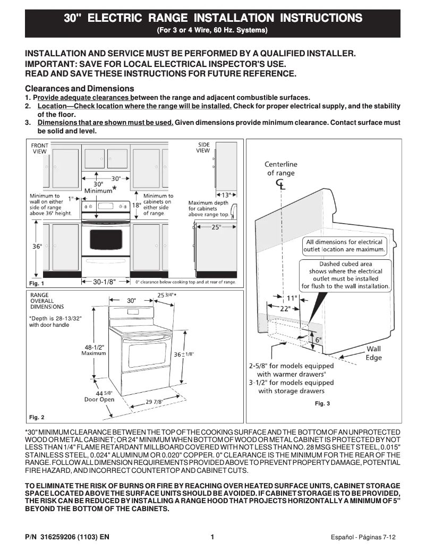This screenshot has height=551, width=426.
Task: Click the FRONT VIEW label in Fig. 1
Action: (39, 148)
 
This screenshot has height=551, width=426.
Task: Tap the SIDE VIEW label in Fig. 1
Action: (203, 147)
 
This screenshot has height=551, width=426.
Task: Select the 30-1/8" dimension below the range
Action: (104, 282)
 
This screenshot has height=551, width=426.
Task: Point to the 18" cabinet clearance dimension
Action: (136, 205)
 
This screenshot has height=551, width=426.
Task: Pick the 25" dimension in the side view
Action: (216, 227)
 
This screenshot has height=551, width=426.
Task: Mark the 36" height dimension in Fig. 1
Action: (37, 247)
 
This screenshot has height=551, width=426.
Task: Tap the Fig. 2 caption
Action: (37, 417)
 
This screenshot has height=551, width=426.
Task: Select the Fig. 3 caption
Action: (322, 404)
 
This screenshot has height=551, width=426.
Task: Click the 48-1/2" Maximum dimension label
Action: (94, 350)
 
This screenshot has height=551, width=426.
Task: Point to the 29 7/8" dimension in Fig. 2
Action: (154, 402)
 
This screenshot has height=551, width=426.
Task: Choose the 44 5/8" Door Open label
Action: (99, 396)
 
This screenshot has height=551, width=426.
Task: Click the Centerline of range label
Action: (281, 168)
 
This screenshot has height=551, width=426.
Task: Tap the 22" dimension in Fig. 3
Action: (285, 309)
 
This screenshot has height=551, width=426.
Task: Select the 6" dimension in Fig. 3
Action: (318, 339)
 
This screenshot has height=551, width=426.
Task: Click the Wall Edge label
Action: (373, 353)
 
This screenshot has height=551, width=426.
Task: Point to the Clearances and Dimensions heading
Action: (80, 88)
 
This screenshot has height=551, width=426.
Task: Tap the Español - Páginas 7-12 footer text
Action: (363, 537)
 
